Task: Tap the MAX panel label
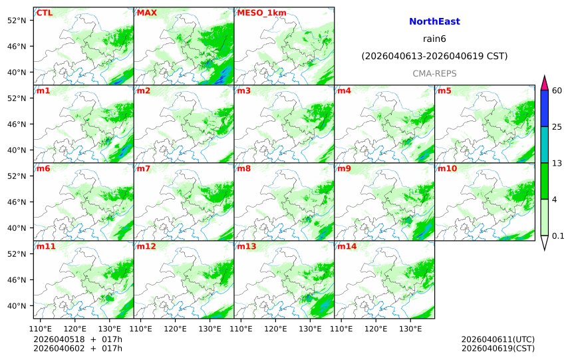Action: click(x=146, y=13)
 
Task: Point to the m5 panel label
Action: click(x=444, y=90)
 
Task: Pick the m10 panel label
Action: click(x=446, y=168)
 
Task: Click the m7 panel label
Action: click(x=144, y=168)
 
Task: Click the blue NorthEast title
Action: click(x=434, y=22)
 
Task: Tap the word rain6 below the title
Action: click(x=434, y=39)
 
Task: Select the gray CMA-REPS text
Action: click(x=434, y=73)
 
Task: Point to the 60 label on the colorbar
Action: click(x=557, y=90)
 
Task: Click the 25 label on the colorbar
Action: click(x=557, y=126)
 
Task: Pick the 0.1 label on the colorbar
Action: click(x=559, y=236)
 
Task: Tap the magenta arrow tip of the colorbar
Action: click(x=544, y=82)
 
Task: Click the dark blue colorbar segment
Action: click(x=544, y=108)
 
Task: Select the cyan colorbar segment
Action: click(x=544, y=144)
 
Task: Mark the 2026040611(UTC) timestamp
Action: click(x=498, y=339)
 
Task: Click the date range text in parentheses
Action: click(x=434, y=57)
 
